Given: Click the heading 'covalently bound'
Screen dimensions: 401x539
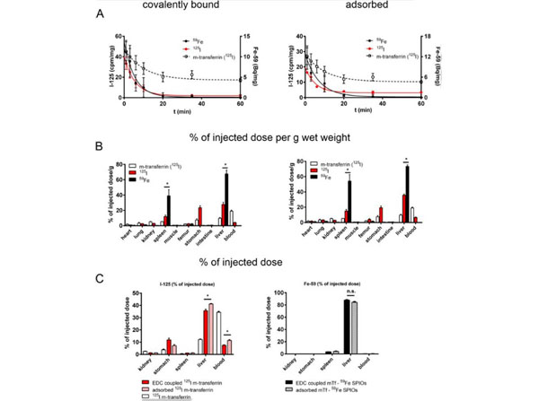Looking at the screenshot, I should [x=169, y=5].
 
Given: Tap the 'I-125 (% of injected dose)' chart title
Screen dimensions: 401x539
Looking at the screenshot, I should [x=189, y=287].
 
